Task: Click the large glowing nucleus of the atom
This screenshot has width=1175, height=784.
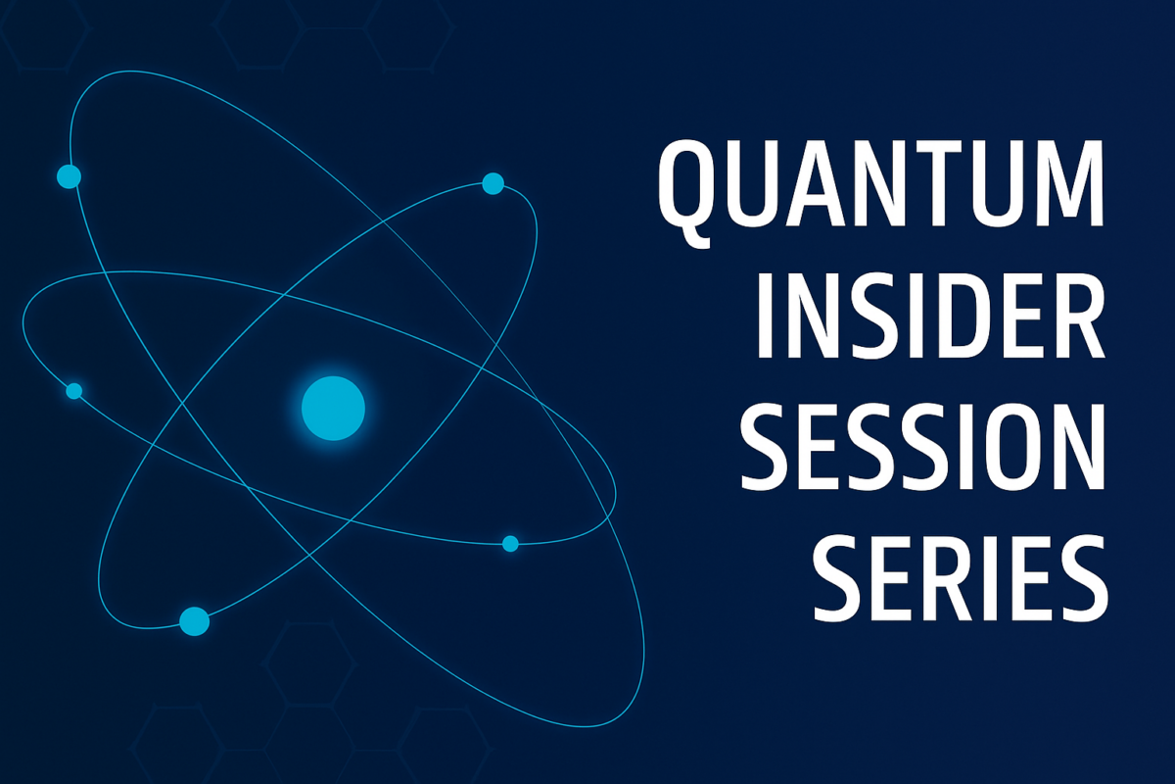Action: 333,408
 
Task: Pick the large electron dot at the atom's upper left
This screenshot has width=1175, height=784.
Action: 69,176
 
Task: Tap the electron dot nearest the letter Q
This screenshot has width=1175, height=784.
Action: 493,184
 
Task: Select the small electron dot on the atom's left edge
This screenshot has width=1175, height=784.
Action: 74,391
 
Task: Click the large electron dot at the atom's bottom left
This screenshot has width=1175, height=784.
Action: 194,621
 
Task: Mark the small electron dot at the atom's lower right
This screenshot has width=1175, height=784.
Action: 510,544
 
